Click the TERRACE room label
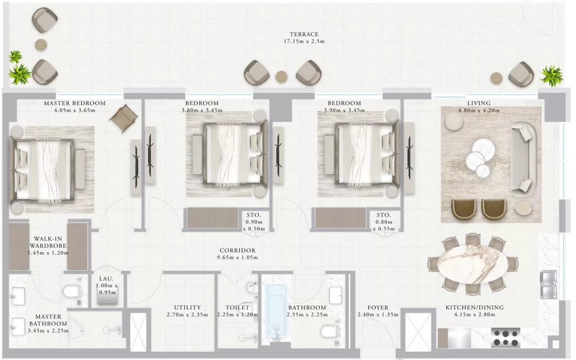[304, 34]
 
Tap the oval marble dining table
[473, 264]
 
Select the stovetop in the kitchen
[505, 338]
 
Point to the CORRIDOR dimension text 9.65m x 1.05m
[238, 258]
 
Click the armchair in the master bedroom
[124, 118]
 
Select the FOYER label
[378, 307]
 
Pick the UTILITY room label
[187, 307]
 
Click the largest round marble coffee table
[484, 150]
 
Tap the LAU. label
[107, 279]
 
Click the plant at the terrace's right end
[552, 76]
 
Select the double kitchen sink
[548, 284]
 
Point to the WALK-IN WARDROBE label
[48, 242]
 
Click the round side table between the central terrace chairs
[281, 77]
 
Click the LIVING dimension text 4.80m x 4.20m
[479, 111]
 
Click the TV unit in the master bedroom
[136, 167]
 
